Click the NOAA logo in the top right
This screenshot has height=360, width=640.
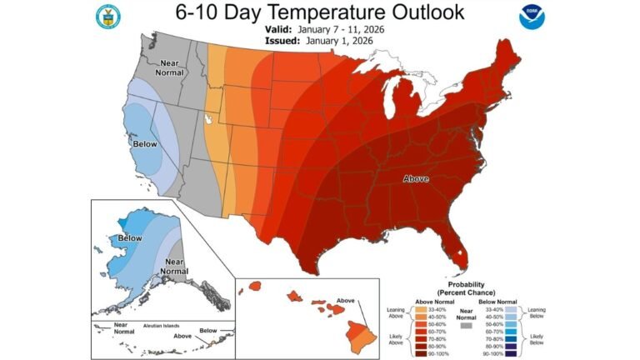(x=531, y=17)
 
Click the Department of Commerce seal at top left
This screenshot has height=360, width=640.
(x=107, y=16)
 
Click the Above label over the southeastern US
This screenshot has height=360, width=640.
(x=417, y=179)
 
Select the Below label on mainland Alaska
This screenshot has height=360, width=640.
(x=129, y=238)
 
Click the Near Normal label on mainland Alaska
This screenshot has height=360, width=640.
(x=174, y=266)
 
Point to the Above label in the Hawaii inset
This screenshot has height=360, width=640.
(x=347, y=300)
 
